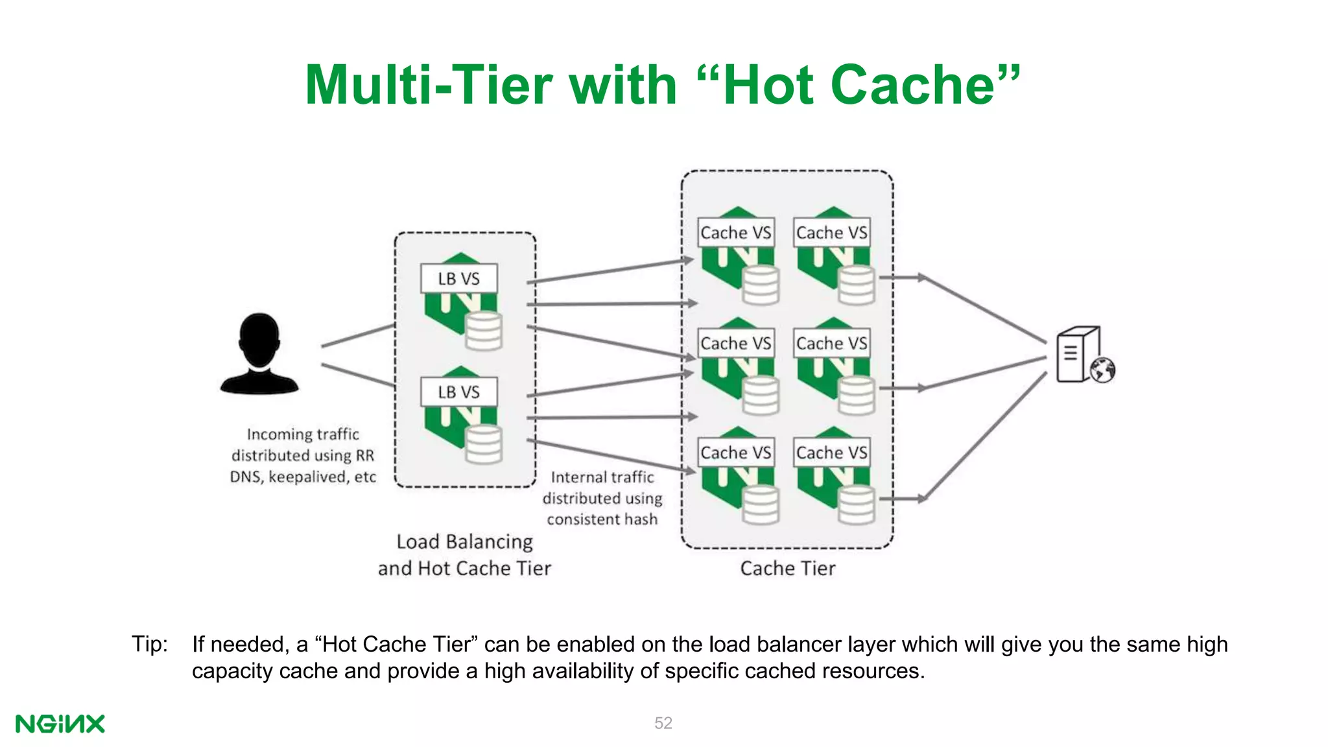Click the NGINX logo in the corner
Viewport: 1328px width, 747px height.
[60, 724]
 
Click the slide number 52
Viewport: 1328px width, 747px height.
[663, 723]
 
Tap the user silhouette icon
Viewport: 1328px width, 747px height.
[259, 354]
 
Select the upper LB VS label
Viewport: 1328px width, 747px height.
[458, 279]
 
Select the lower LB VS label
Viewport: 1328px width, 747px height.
[458, 392]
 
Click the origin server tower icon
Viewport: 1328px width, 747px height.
[1076, 355]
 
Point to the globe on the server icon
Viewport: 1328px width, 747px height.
[1102, 370]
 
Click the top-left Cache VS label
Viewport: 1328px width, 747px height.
[735, 233]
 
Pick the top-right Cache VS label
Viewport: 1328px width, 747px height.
[831, 233]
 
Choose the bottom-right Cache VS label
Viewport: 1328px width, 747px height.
[831, 453]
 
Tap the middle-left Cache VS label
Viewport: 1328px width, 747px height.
[735, 343]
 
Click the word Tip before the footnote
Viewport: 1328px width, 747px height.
[149, 644]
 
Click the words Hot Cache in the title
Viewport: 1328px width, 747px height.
[859, 85]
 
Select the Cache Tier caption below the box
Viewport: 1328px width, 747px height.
[787, 569]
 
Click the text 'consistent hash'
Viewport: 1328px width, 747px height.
[602, 519]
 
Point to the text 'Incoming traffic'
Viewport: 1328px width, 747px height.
[303, 434]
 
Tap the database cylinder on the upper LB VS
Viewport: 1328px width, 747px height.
[484, 331]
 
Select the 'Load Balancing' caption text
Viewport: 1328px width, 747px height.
[464, 541]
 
